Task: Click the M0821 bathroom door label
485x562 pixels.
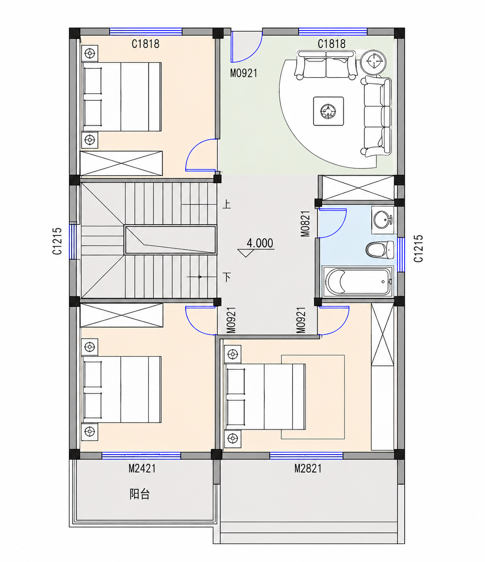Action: pyautogui.click(x=306, y=224)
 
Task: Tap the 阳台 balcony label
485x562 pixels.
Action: pyautogui.click(x=139, y=494)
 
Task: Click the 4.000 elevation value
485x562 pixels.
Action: pyautogui.click(x=260, y=243)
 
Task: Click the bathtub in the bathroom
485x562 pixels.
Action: pyautogui.click(x=358, y=281)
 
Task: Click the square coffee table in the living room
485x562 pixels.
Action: pyautogui.click(x=328, y=111)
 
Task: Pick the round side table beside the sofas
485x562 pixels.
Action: pyautogui.click(x=373, y=62)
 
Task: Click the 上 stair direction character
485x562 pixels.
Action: pyautogui.click(x=226, y=204)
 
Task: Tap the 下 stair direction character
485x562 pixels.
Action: pyautogui.click(x=227, y=277)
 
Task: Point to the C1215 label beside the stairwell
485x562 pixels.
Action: pyautogui.click(x=57, y=241)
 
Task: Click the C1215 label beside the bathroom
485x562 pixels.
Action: pyautogui.click(x=418, y=248)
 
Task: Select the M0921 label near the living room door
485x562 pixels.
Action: pyautogui.click(x=244, y=73)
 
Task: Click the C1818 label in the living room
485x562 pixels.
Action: pyautogui.click(x=332, y=44)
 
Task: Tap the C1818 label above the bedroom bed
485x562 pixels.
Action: pyautogui.click(x=145, y=44)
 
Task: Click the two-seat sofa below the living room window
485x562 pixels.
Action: pyautogui.click(x=326, y=65)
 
